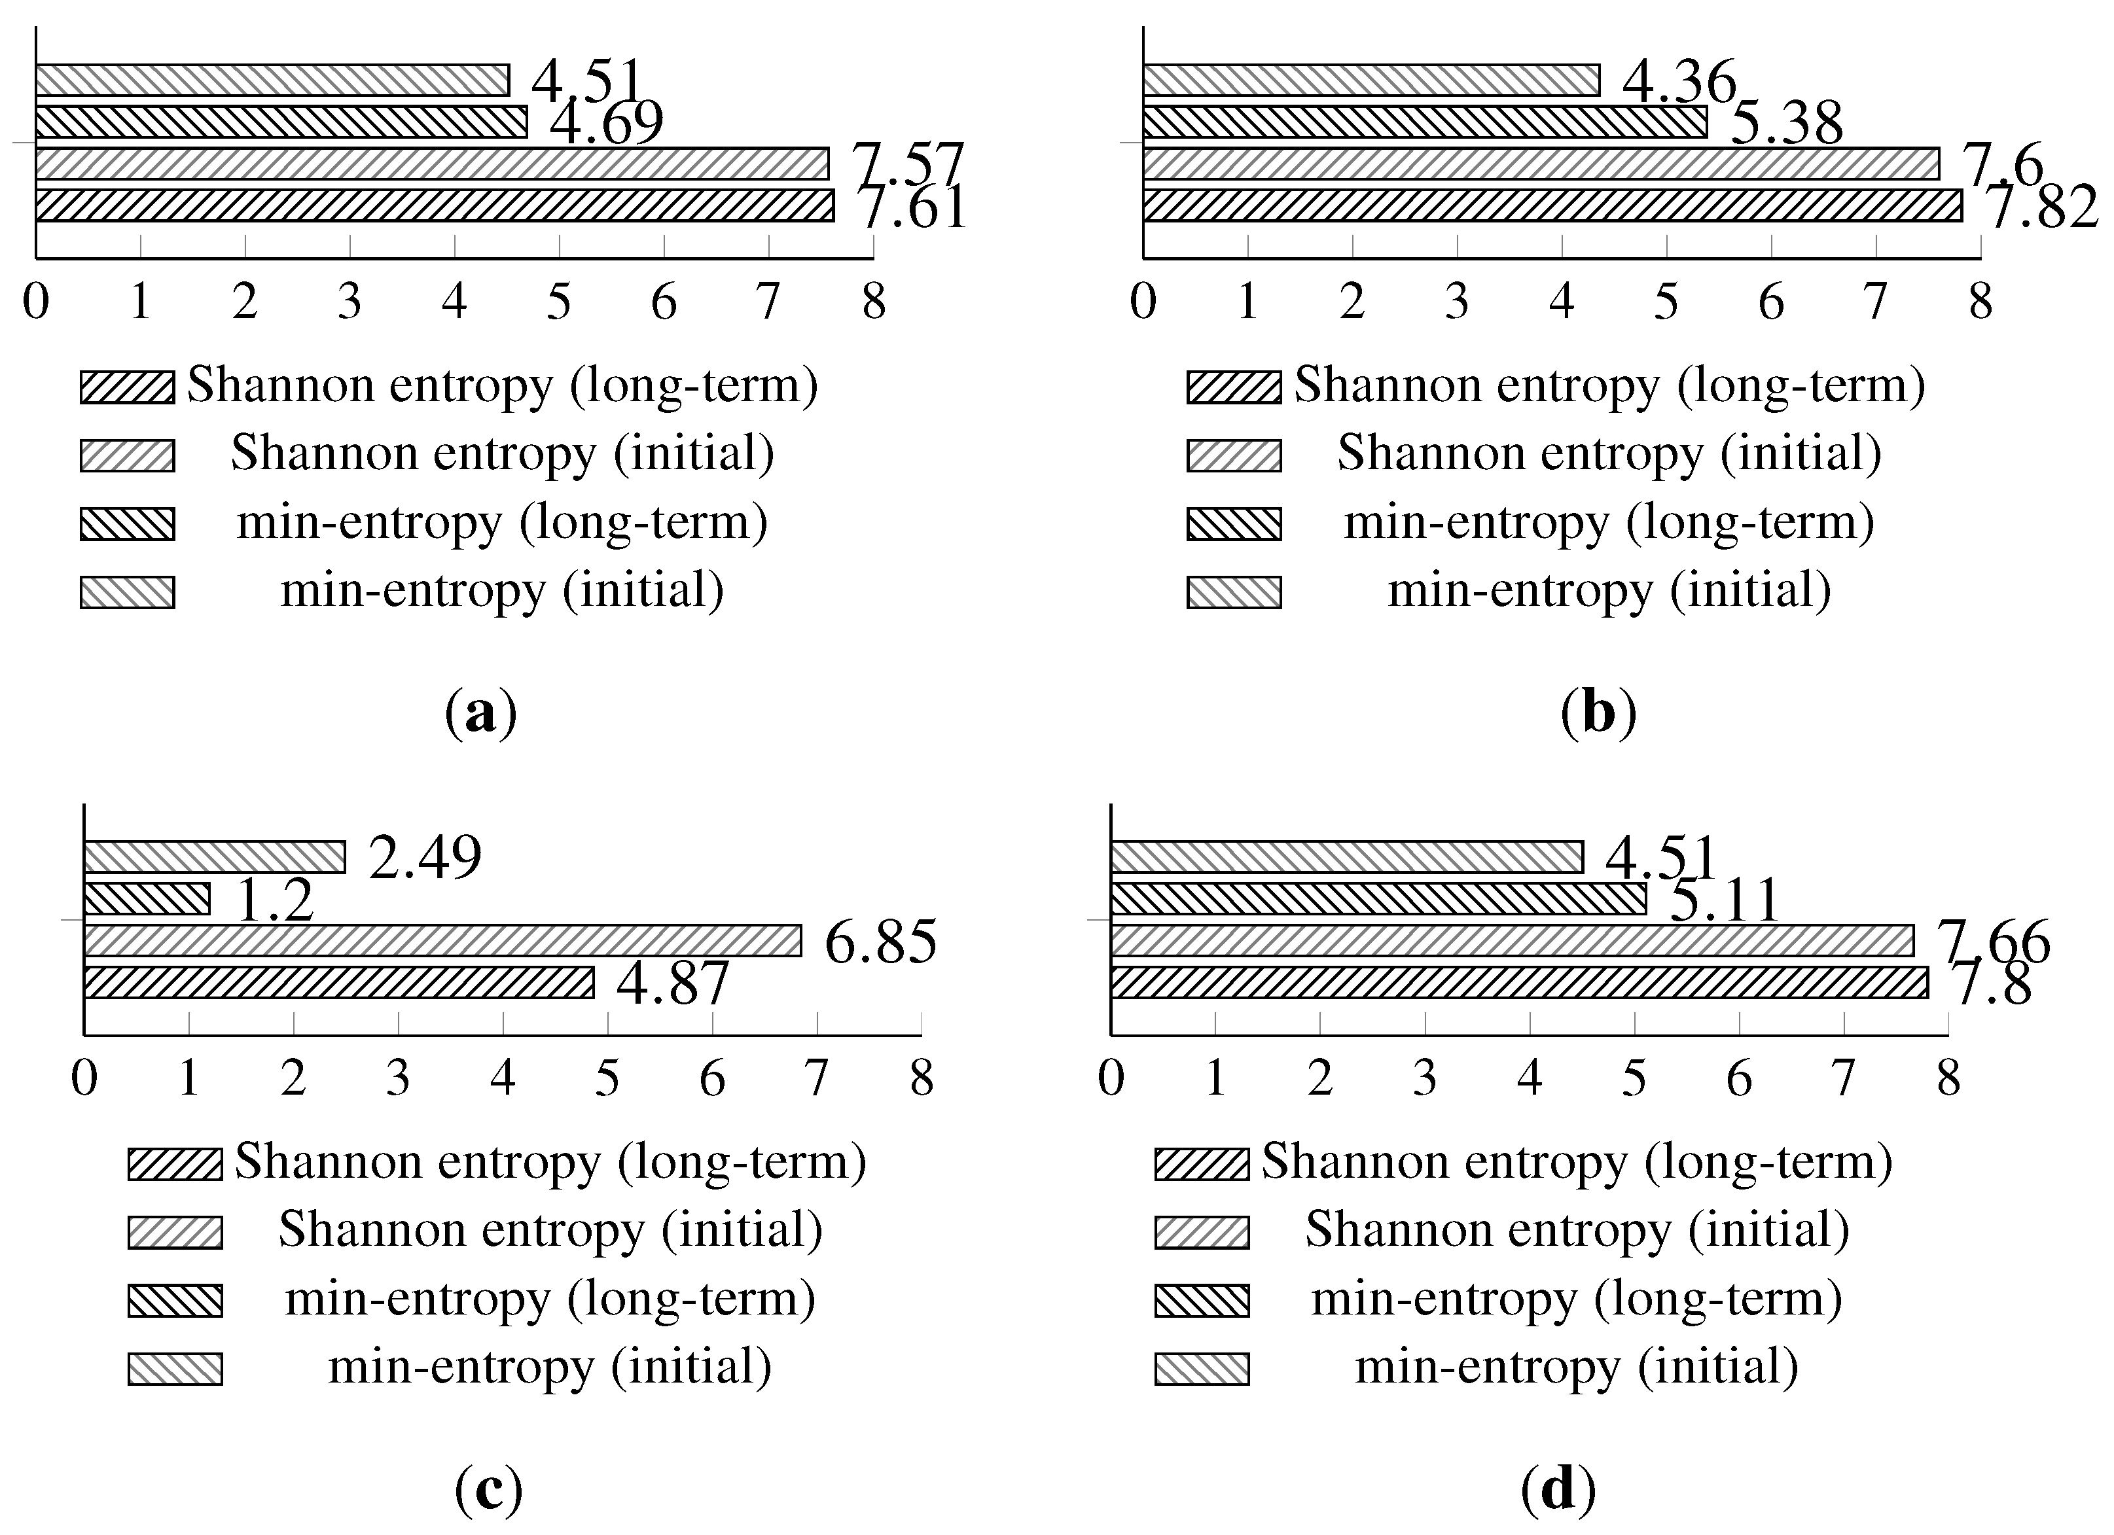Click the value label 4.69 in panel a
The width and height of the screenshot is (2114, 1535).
[607, 122]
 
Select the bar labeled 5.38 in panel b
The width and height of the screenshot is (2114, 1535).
[1424, 122]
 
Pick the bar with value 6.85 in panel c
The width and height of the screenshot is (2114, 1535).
[442, 940]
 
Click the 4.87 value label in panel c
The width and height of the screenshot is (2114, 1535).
[672, 983]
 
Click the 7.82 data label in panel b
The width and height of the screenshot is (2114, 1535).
[2043, 206]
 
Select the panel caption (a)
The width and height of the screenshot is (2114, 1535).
[481, 714]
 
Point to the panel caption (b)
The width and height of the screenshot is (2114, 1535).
[1598, 714]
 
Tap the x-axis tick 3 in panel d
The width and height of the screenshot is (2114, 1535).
[1424, 1078]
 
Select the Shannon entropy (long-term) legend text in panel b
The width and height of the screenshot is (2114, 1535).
[1609, 385]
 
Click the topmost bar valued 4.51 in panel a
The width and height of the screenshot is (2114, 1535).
[272, 80]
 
